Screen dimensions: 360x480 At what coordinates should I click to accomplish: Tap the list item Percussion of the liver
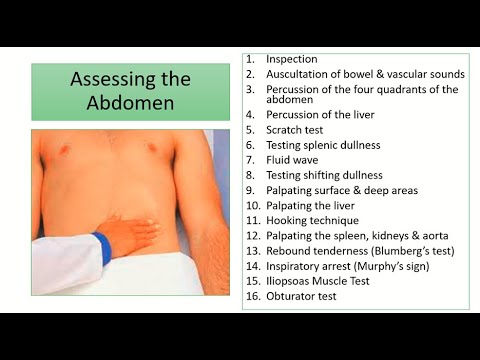coord(320,115)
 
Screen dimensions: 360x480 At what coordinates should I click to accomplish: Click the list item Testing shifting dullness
coord(324,175)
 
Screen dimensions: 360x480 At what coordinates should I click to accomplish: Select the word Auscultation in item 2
coord(301,73)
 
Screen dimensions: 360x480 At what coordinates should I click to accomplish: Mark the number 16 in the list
coord(252,296)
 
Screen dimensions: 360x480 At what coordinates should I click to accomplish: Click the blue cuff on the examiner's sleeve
coord(101,247)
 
